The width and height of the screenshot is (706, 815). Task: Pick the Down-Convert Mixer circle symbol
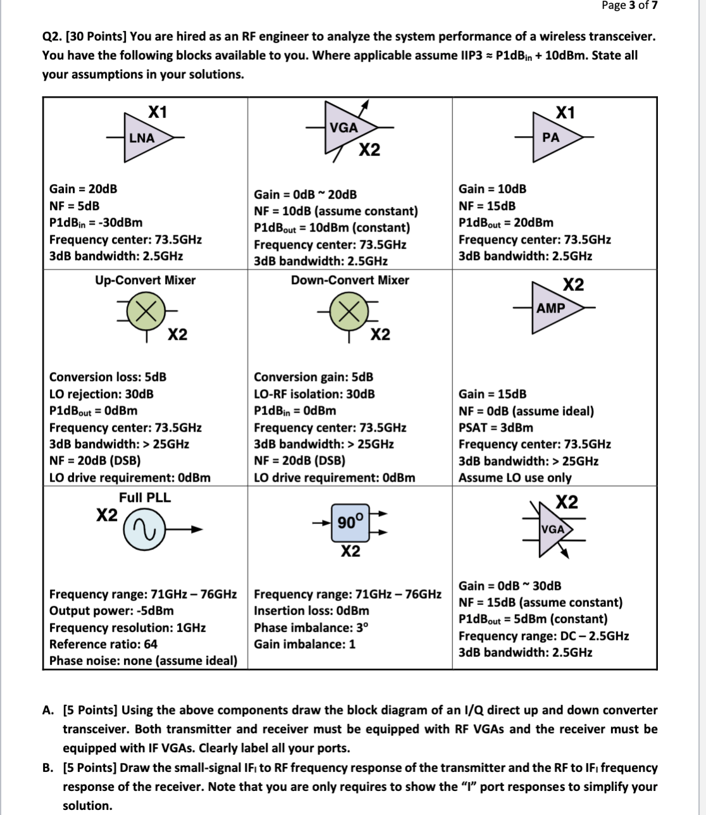350,312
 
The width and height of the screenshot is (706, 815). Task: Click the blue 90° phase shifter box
350,523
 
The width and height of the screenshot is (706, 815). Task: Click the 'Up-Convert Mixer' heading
145,280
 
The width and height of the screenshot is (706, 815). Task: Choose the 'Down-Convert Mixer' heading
350,280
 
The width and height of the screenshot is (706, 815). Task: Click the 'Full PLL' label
145,497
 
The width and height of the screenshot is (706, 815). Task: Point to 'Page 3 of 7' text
629,6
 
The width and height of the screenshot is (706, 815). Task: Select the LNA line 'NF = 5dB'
74,206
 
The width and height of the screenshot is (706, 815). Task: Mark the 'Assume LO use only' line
514,478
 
